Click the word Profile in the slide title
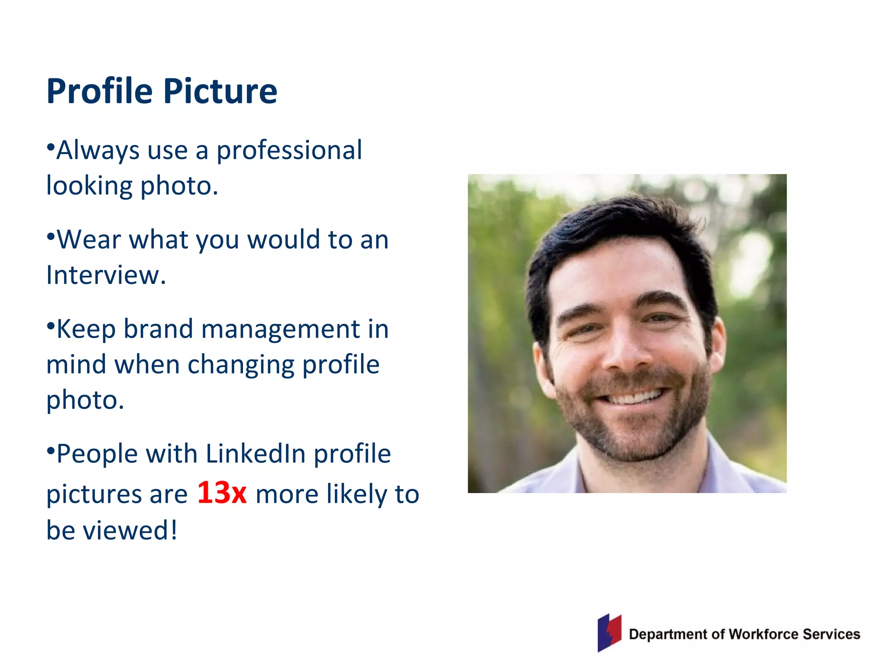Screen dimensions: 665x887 pyautogui.click(x=100, y=91)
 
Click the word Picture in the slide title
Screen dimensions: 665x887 pyautogui.click(x=220, y=91)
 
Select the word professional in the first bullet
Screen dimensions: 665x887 pyautogui.click(x=289, y=151)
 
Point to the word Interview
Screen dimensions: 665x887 pyautogui.click(x=105, y=275)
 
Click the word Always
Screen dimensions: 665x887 pyautogui.click(x=98, y=151)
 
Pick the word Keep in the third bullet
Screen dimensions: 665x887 pyautogui.click(x=86, y=329)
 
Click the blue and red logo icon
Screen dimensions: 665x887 pyautogui.click(x=609, y=633)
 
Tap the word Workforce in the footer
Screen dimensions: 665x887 pyautogui.click(x=763, y=634)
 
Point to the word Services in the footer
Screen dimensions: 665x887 pyautogui.click(x=831, y=634)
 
